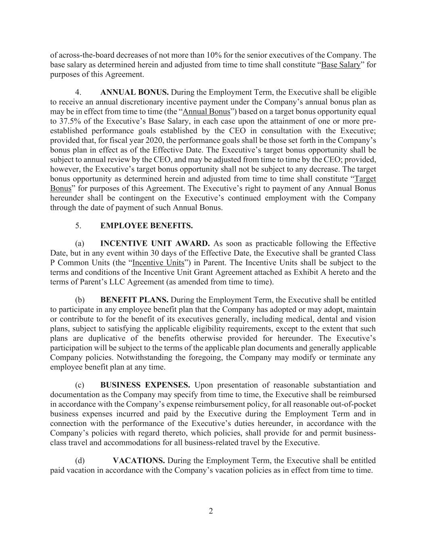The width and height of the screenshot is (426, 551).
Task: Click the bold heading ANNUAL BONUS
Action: [x=134, y=92]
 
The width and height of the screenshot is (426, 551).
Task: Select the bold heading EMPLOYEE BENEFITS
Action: [x=146, y=226]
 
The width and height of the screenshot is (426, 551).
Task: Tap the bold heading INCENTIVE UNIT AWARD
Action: [x=155, y=243]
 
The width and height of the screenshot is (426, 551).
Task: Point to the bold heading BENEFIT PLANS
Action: [x=134, y=300]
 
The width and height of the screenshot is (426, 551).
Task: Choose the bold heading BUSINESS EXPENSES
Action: [x=145, y=385]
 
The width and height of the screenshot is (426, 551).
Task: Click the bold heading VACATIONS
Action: [x=139, y=461]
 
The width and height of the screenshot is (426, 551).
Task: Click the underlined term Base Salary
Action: [x=340, y=65]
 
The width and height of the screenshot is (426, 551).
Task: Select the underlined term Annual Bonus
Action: [x=206, y=111]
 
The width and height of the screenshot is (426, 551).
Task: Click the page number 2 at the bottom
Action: [x=211, y=511]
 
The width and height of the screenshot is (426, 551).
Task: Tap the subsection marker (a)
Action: [x=80, y=243]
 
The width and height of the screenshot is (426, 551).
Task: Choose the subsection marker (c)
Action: [x=80, y=385]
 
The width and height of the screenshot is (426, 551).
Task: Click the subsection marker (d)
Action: [x=80, y=461]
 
